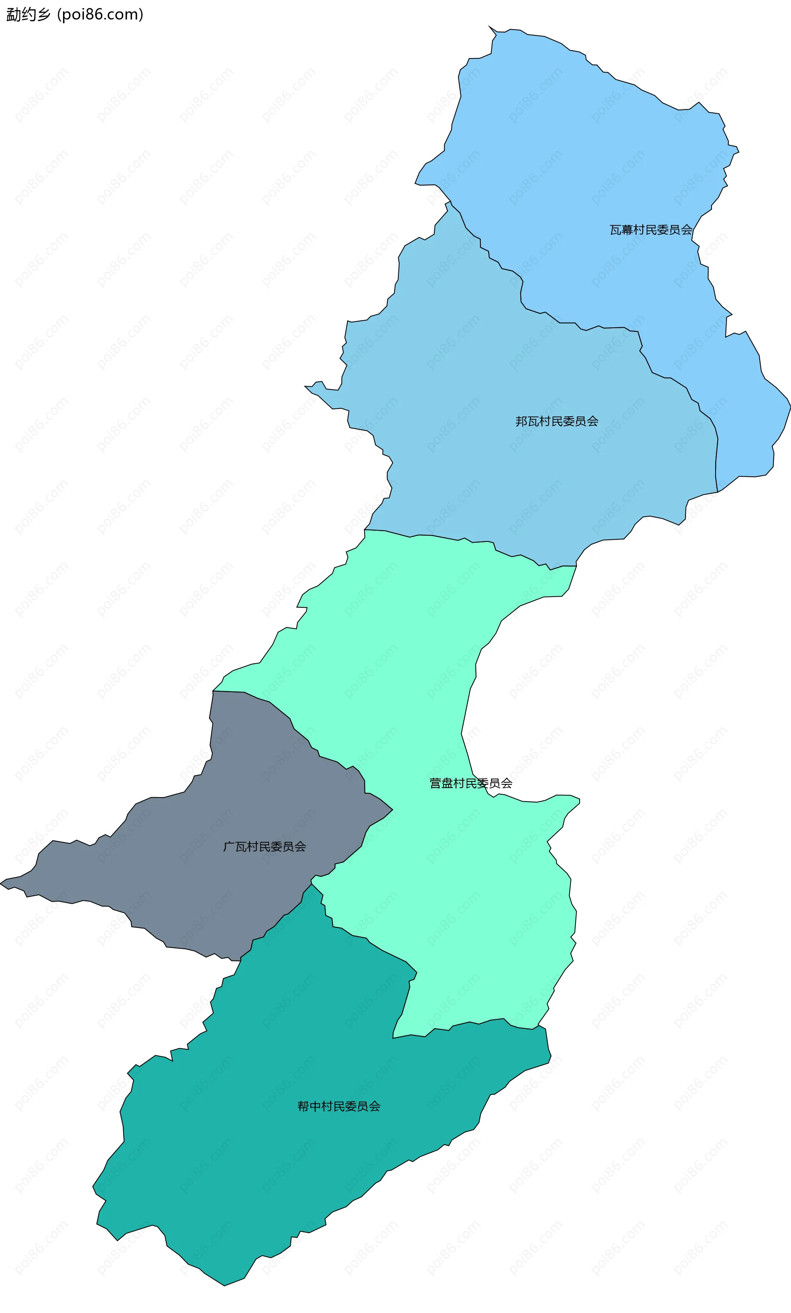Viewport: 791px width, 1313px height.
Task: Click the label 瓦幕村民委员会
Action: point(651,230)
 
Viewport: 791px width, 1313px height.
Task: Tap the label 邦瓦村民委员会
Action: point(557,421)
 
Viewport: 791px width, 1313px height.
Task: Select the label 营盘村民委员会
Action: point(470,783)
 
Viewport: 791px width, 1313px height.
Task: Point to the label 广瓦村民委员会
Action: point(264,847)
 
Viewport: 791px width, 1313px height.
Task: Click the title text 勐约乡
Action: point(28,14)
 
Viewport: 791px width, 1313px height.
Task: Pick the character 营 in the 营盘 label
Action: point(435,783)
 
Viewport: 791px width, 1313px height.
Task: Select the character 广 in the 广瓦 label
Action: point(229,847)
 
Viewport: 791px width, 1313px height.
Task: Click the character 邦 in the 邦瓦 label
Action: point(521,421)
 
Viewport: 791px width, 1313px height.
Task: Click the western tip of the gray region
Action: point(1,883)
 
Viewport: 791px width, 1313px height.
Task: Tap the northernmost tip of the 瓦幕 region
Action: point(489,26)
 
